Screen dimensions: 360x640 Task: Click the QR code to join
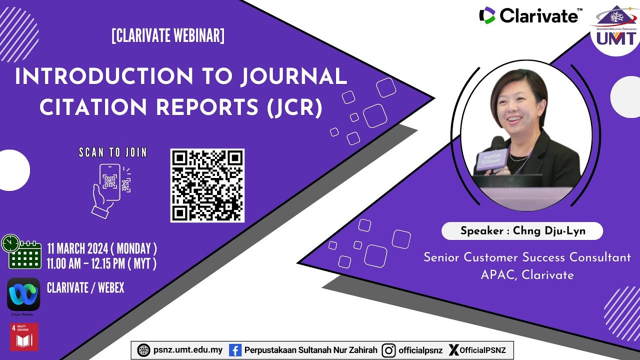(x=207, y=185)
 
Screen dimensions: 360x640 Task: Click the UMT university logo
(x=615, y=30)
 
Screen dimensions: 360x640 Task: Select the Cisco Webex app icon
(x=23, y=294)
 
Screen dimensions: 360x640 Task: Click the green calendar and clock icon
(x=21, y=251)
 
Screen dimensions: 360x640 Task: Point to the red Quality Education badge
(x=24, y=337)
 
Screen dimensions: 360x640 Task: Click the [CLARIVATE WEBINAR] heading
(x=168, y=36)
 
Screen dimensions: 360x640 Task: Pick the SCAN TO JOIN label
(x=113, y=152)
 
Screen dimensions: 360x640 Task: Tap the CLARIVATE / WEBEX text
(x=85, y=288)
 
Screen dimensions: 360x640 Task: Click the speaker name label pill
(x=522, y=231)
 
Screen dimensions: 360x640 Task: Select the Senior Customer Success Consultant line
(x=527, y=257)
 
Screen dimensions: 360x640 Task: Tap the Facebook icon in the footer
(x=235, y=350)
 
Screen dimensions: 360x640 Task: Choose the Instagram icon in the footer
(x=388, y=350)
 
